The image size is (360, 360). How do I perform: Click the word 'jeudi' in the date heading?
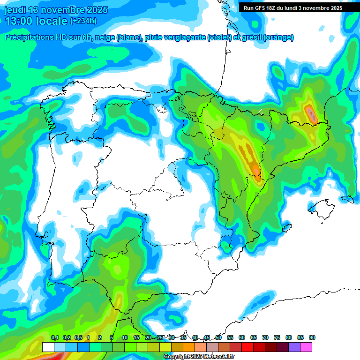pyautogui.click(x=15, y=10)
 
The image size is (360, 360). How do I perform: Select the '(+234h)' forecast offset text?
pyautogui.click(x=83, y=21)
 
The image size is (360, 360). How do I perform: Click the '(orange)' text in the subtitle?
pyautogui.click(x=279, y=37)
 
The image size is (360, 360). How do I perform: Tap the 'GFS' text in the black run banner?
pyautogui.click(x=262, y=8)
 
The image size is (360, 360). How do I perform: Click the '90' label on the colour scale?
pyautogui.click(x=312, y=337)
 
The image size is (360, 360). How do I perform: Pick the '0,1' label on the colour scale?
pyautogui.click(x=55, y=337)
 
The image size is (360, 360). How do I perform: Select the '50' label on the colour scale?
pyautogui.click(x=218, y=337)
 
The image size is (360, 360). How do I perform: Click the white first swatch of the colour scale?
pyautogui.click(x=48, y=347)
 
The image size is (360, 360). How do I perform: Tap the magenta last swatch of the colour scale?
pyautogui.click(x=306, y=347)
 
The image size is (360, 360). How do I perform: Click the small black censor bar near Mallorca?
pyautogui.click(x=347, y=199)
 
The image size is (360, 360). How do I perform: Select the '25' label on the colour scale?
pyautogui.click(x=160, y=337)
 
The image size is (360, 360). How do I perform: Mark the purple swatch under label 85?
pyautogui.click(x=294, y=347)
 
